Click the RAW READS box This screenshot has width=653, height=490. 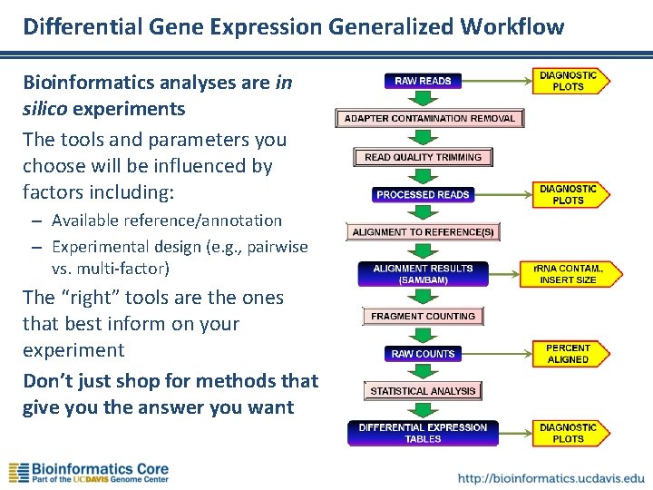(423, 81)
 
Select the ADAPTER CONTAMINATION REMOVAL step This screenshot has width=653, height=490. (429, 118)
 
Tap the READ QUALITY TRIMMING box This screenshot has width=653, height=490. (423, 157)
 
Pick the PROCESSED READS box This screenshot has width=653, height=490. (423, 195)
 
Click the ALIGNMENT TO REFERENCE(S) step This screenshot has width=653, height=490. (423, 232)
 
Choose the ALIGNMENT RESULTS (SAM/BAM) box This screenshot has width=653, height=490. (423, 274)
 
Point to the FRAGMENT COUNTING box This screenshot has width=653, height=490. (423, 316)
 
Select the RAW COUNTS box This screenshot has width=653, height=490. (423, 354)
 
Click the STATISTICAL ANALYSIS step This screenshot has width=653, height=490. (423, 391)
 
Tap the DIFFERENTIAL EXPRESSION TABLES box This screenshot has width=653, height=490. (423, 433)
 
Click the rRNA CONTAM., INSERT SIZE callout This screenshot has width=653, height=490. (567, 274)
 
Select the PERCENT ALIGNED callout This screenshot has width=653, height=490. (568, 354)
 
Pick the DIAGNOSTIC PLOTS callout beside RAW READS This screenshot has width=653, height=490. (569, 81)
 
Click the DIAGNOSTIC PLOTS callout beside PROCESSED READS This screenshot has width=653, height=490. (569, 195)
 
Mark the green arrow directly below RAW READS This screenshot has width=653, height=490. (423, 100)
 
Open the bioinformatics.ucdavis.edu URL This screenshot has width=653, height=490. (551, 477)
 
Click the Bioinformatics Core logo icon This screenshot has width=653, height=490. (18, 473)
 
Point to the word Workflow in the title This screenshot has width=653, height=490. (511, 26)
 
